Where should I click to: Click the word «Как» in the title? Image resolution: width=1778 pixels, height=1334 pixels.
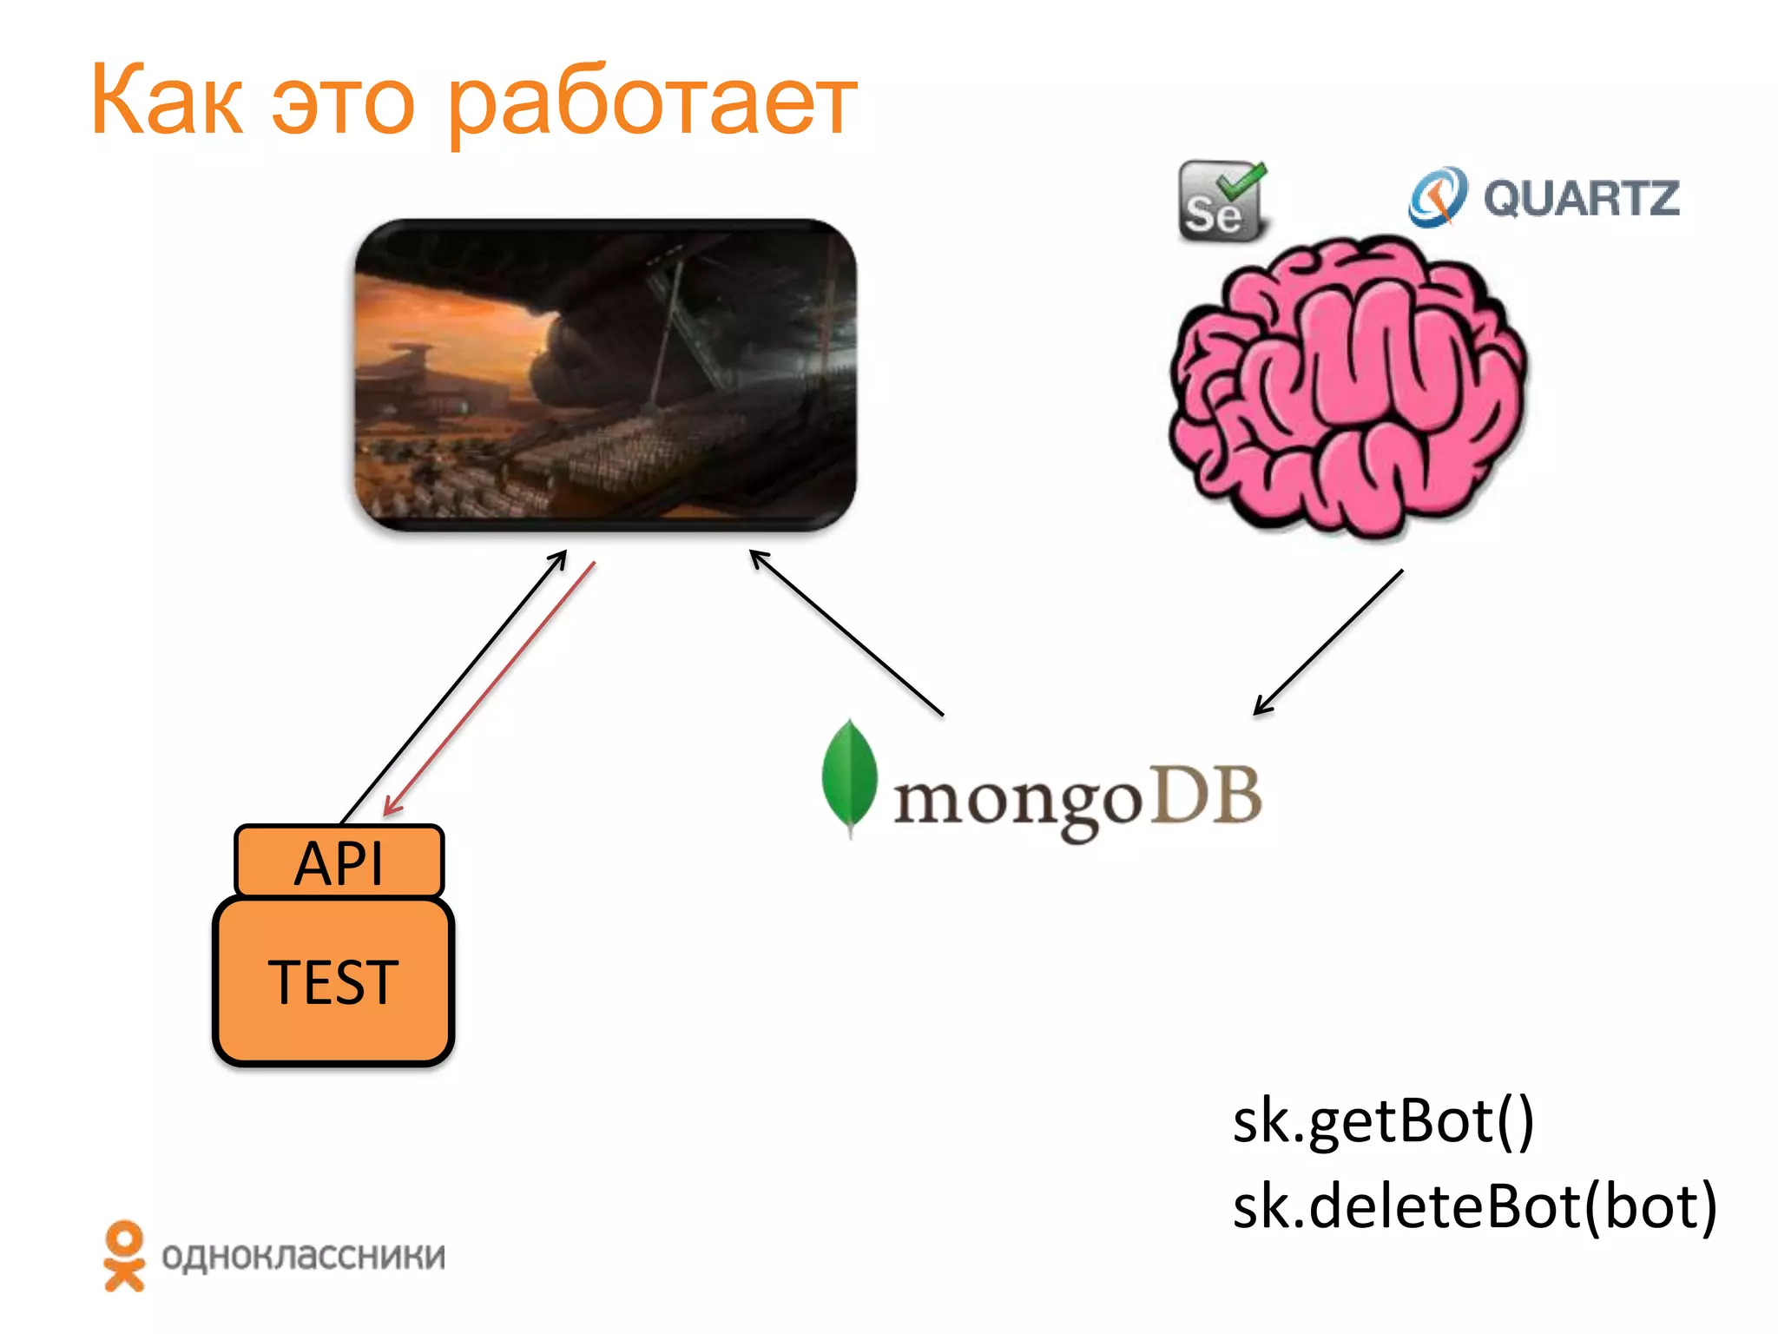(x=166, y=101)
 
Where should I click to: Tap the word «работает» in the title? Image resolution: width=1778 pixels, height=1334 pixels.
(x=651, y=106)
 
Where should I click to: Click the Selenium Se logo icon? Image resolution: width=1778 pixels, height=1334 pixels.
(x=1221, y=201)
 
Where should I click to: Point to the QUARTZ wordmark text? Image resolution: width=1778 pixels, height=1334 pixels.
(x=1580, y=198)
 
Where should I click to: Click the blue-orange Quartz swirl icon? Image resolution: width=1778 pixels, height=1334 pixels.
(x=1438, y=197)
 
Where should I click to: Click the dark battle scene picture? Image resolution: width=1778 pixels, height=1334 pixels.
(x=605, y=374)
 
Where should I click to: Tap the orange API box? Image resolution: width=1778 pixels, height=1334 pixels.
(x=339, y=862)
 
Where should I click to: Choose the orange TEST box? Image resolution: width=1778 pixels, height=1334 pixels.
(x=333, y=981)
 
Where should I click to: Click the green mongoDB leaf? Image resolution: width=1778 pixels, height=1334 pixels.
(x=849, y=776)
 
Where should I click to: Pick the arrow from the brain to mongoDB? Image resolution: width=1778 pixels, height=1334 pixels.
(x=1328, y=643)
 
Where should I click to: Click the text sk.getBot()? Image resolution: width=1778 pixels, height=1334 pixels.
(x=1383, y=1120)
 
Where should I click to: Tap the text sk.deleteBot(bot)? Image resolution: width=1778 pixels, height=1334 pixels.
(x=1474, y=1206)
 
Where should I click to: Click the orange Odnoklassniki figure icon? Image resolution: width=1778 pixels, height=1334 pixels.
(x=124, y=1256)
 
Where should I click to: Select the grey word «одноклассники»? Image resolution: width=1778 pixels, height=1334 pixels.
(x=303, y=1257)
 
